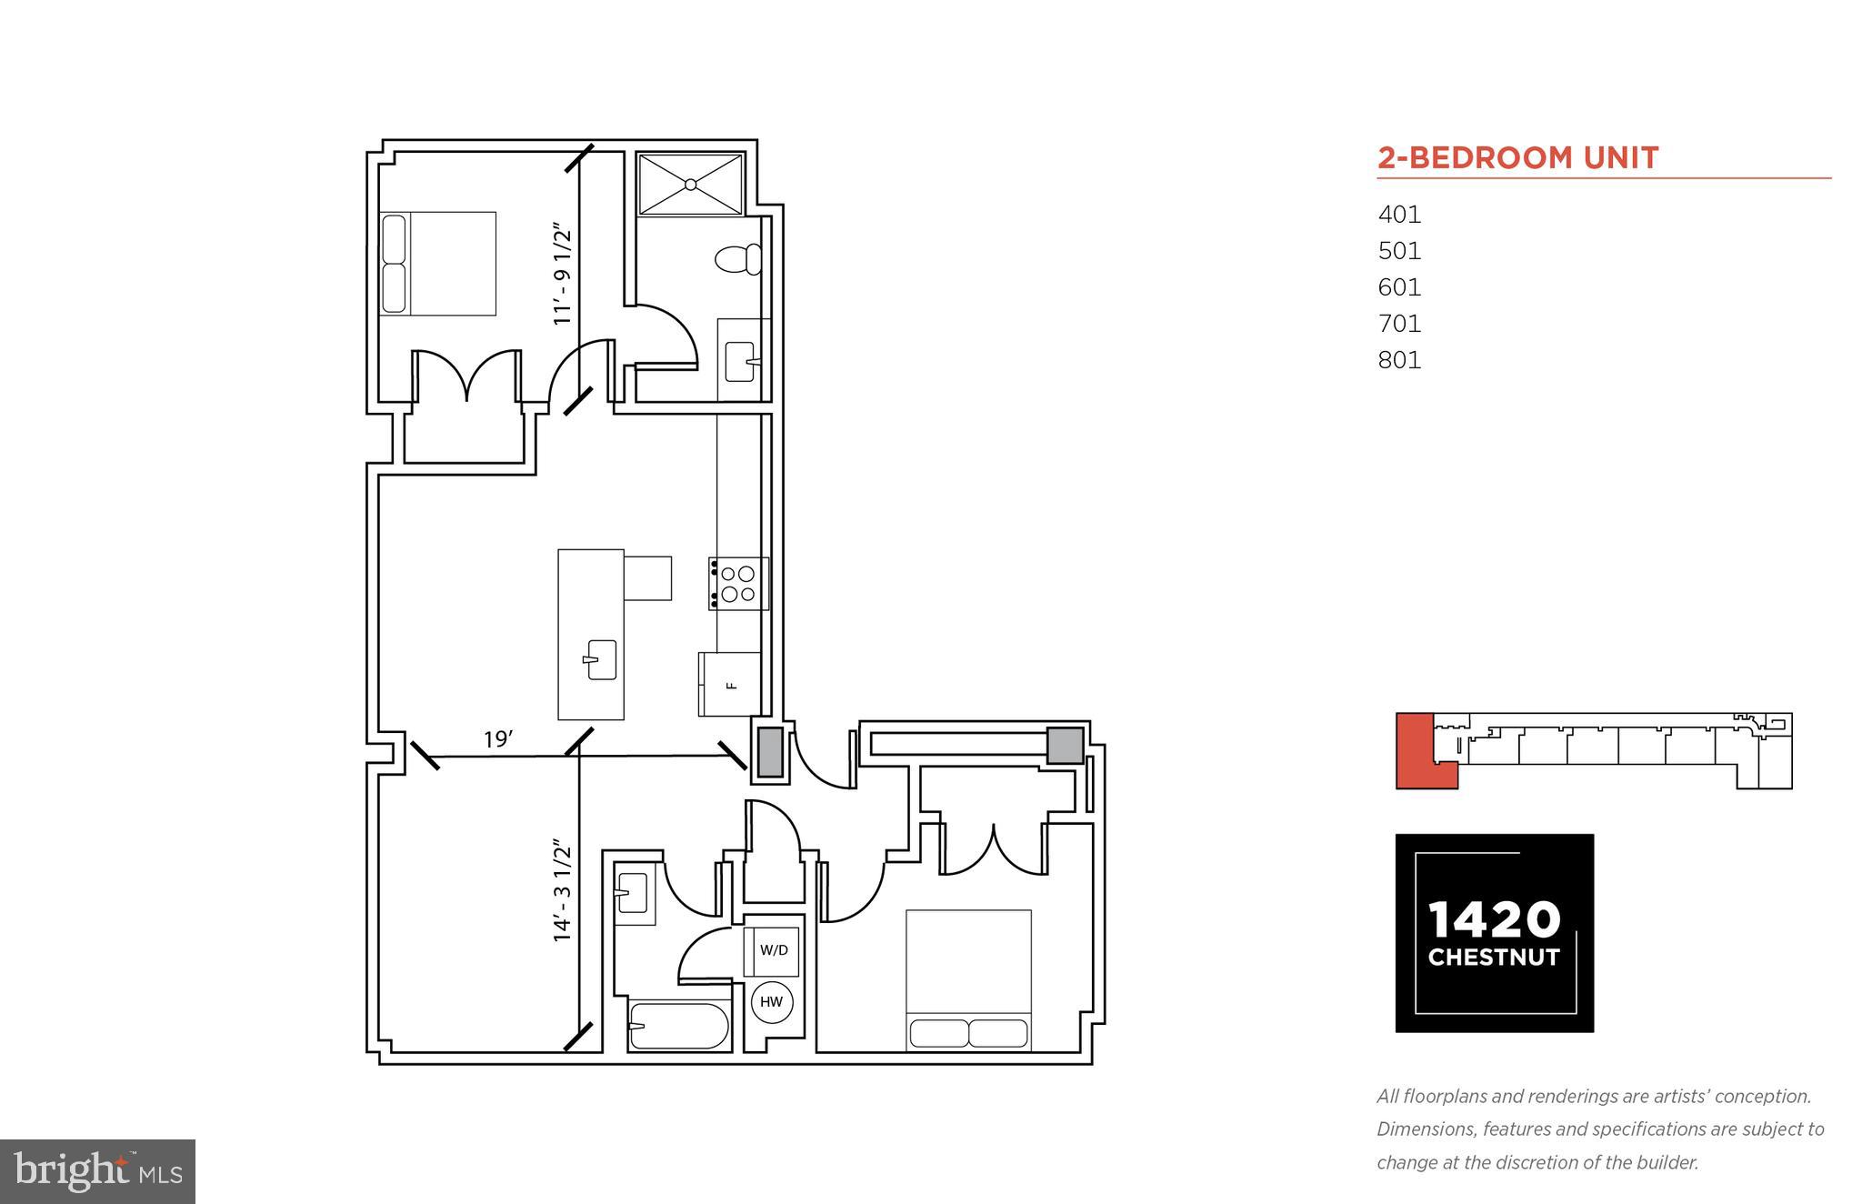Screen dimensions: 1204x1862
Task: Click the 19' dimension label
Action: [x=498, y=740]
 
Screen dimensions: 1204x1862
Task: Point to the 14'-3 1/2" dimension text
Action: [x=564, y=891]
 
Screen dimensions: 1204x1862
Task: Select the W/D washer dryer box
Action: [x=773, y=951]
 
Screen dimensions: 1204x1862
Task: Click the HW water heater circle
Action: [x=771, y=1002]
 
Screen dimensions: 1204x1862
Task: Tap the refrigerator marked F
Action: [x=730, y=685]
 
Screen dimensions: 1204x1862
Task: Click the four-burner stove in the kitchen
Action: [x=738, y=584]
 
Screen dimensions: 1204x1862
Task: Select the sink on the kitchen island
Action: [x=601, y=659]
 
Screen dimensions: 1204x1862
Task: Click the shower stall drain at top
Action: [x=691, y=185]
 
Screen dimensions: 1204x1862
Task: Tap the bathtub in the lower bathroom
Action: [x=679, y=1026]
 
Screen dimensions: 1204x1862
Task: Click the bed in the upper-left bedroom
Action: [x=438, y=264]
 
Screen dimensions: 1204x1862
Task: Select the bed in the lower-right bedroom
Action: [x=968, y=980]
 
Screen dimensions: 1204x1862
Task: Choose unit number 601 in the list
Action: [x=1399, y=287]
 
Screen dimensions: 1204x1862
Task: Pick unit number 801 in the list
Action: [x=1399, y=360]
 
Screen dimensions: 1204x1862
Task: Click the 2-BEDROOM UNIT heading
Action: [x=1517, y=158]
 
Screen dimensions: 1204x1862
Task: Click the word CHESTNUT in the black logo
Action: [x=1494, y=958]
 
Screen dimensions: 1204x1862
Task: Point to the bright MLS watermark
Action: [x=98, y=1171]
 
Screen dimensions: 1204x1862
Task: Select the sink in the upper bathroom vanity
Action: [x=741, y=361]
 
